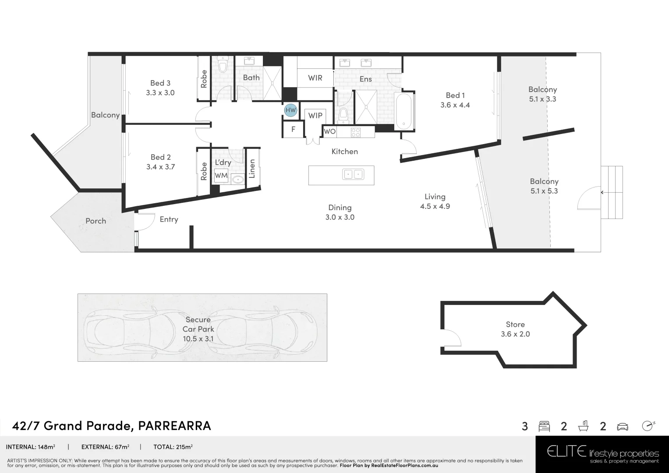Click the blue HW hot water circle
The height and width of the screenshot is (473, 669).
(290, 110)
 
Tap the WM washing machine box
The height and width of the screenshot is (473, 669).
(221, 176)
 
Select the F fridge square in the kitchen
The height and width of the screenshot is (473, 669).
(293, 129)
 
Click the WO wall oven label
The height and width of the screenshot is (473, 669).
(329, 131)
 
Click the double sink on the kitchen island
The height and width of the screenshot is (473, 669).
(353, 174)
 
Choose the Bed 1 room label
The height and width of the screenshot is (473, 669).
(455, 95)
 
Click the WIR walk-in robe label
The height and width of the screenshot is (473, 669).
(315, 78)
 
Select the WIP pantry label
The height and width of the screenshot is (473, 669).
(315, 116)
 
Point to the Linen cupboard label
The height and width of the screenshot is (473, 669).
(252, 169)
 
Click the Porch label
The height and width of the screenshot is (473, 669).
(96, 221)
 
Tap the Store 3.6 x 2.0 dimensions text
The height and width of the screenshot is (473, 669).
(515, 334)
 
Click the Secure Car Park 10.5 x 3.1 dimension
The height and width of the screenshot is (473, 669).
(198, 339)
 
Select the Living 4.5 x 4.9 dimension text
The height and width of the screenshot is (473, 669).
(435, 206)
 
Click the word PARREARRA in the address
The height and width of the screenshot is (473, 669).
(174, 425)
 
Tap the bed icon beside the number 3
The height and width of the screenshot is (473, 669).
(544, 426)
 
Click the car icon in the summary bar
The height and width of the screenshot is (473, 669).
(622, 426)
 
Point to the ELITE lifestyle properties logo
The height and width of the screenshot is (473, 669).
(602, 453)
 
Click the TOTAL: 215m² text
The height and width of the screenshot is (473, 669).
(173, 447)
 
